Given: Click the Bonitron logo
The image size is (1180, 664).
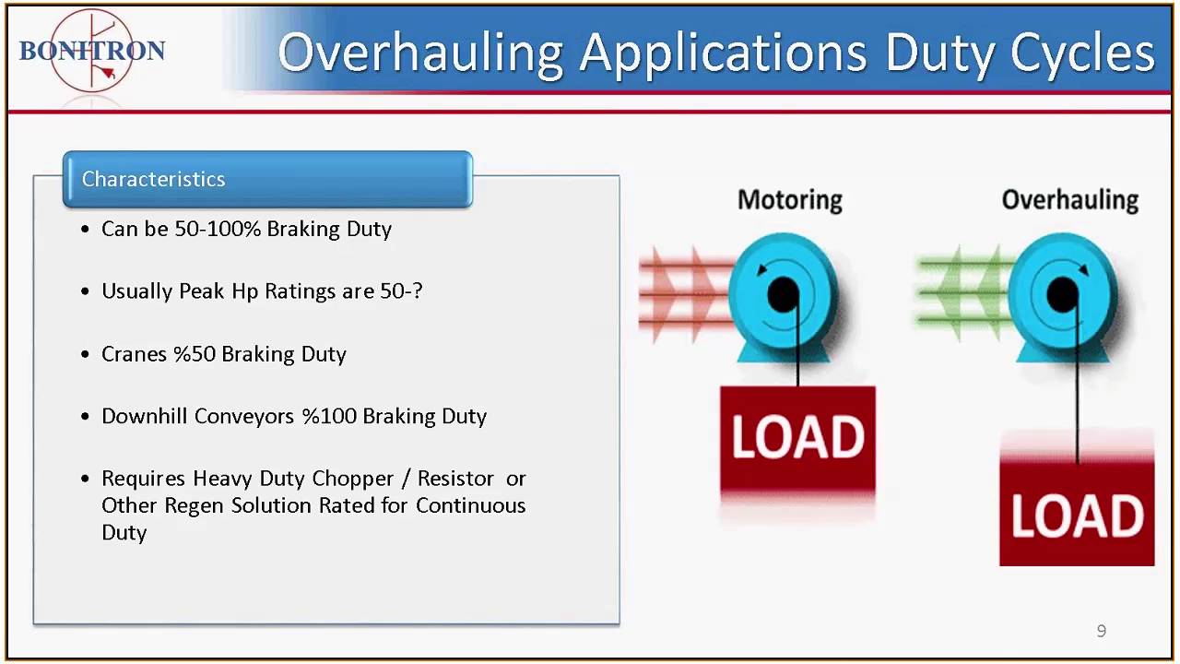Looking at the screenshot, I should (91, 51).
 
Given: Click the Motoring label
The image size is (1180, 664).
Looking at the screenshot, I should (789, 200).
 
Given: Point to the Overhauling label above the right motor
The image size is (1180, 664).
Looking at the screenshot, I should (1069, 200).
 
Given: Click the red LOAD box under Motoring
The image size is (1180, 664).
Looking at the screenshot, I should (797, 438).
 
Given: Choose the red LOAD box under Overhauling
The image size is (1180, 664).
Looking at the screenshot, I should (1077, 514).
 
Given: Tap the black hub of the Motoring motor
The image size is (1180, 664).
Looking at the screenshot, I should (783, 295).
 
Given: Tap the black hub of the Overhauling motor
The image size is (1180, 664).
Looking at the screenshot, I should (1063, 295).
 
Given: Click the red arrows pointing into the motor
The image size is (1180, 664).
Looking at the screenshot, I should (682, 293).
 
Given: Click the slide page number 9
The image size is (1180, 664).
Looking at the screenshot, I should (1101, 631).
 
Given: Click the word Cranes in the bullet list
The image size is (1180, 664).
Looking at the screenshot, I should (135, 354).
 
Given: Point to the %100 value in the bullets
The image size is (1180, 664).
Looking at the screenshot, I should (329, 417).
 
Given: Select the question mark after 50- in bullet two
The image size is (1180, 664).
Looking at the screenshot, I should (417, 291).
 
